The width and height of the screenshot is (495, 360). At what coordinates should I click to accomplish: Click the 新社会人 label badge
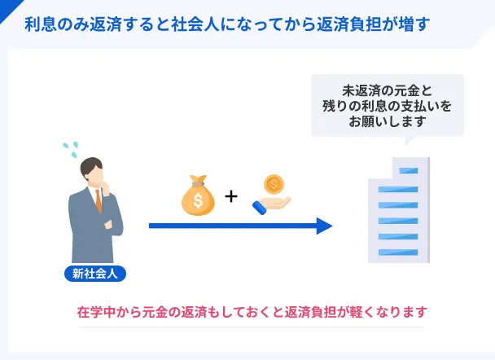pos(95,274)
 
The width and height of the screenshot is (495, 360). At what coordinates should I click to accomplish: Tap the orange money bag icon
pos(198,195)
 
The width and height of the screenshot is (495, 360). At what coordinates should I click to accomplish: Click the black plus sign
pos(231,196)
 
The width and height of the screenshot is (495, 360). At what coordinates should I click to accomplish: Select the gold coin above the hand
pos(274,184)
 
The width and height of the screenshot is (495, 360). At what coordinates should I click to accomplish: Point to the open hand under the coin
pos(271,205)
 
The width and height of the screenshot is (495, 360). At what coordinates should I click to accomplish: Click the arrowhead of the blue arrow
pos(325,226)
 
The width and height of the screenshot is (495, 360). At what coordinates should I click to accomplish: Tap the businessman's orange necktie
pos(99,201)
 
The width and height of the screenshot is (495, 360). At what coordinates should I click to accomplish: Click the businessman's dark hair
pos(90,167)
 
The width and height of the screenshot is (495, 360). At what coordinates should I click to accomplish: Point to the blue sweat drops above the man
pos(71,149)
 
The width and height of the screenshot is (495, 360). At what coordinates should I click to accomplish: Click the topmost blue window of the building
pos(409,171)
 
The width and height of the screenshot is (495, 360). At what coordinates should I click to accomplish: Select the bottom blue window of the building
pos(398,252)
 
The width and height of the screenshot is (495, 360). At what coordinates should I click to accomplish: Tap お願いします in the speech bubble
pos(388,121)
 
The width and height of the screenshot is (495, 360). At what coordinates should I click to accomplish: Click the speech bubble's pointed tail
pos(408,141)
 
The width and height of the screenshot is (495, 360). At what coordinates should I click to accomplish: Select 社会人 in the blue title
pos(195,24)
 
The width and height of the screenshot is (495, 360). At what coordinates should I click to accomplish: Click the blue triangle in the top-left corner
pos(8,8)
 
